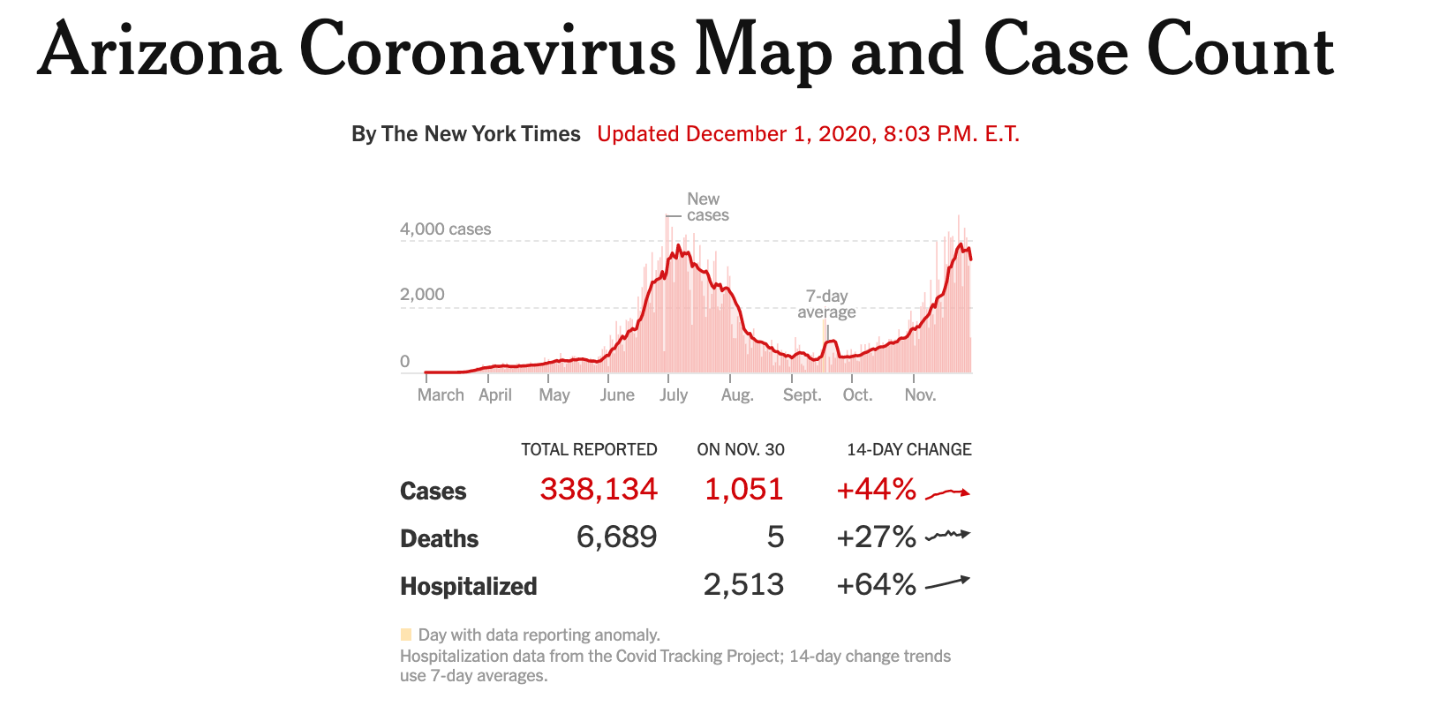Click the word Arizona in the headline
[x=160, y=51]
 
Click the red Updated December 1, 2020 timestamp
[x=808, y=134]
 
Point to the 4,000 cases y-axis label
[x=445, y=229]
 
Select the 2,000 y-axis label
[x=422, y=295]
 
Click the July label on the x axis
[x=673, y=395]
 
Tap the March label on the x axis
[x=441, y=395]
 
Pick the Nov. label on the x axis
[x=920, y=395]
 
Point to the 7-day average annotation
[x=826, y=304]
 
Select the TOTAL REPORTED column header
[x=589, y=450]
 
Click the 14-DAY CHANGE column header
[x=908, y=450]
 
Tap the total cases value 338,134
[x=599, y=490]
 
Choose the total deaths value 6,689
[x=616, y=537]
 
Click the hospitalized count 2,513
[x=743, y=585]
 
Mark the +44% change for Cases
[x=876, y=490]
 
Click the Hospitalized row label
[x=468, y=587]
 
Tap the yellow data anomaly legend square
[x=406, y=635]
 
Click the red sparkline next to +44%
[x=947, y=492]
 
